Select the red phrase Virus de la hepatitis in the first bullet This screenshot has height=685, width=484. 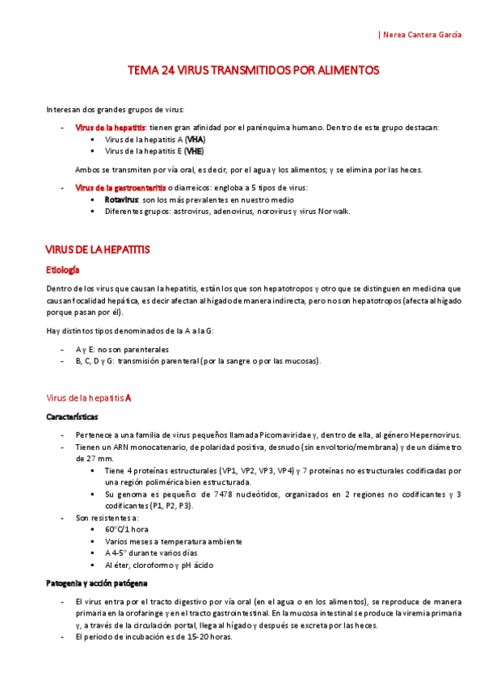tap(110, 128)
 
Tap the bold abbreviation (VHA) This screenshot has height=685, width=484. tap(195, 139)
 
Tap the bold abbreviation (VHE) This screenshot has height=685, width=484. tap(194, 150)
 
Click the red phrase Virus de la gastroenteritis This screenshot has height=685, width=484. tap(120, 188)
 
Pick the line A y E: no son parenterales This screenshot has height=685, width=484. tap(122, 349)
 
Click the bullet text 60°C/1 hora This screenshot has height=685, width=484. tap(128, 529)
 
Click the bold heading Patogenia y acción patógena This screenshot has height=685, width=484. tap(97, 582)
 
